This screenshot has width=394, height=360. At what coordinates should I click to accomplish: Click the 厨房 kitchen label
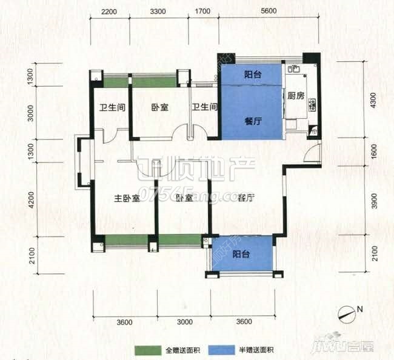[295, 95]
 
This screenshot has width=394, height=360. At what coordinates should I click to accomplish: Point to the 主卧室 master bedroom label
[127, 198]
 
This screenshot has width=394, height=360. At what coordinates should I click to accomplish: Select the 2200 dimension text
[109, 12]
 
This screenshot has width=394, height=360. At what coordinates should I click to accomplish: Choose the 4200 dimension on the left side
[30, 199]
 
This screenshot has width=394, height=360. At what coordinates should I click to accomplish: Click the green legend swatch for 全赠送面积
[147, 350]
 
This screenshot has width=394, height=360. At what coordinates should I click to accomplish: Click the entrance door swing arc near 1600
[310, 155]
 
